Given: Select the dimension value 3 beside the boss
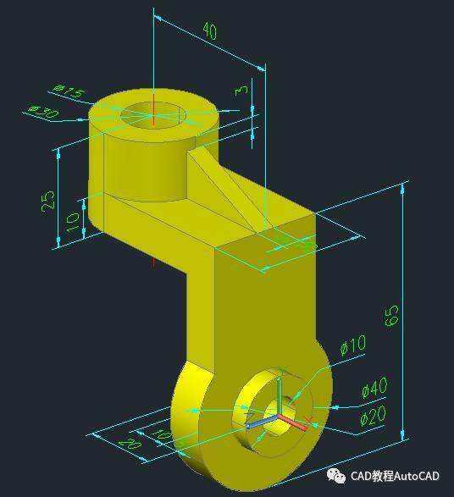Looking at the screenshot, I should [242, 89].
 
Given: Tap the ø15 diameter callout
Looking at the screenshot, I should [67, 90].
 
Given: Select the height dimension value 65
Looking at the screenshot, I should [391, 315].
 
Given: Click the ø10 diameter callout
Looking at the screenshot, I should [352, 345].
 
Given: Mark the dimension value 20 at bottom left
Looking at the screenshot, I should [130, 444].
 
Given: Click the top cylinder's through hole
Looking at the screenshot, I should [153, 116].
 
